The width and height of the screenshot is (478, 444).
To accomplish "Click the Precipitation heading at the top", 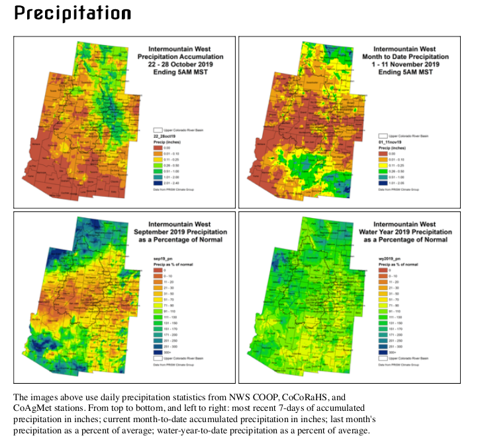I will point(72,13).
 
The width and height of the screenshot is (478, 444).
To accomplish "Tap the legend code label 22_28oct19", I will point(164,135).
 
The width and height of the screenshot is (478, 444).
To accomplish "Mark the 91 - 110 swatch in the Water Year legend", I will point(383,311).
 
